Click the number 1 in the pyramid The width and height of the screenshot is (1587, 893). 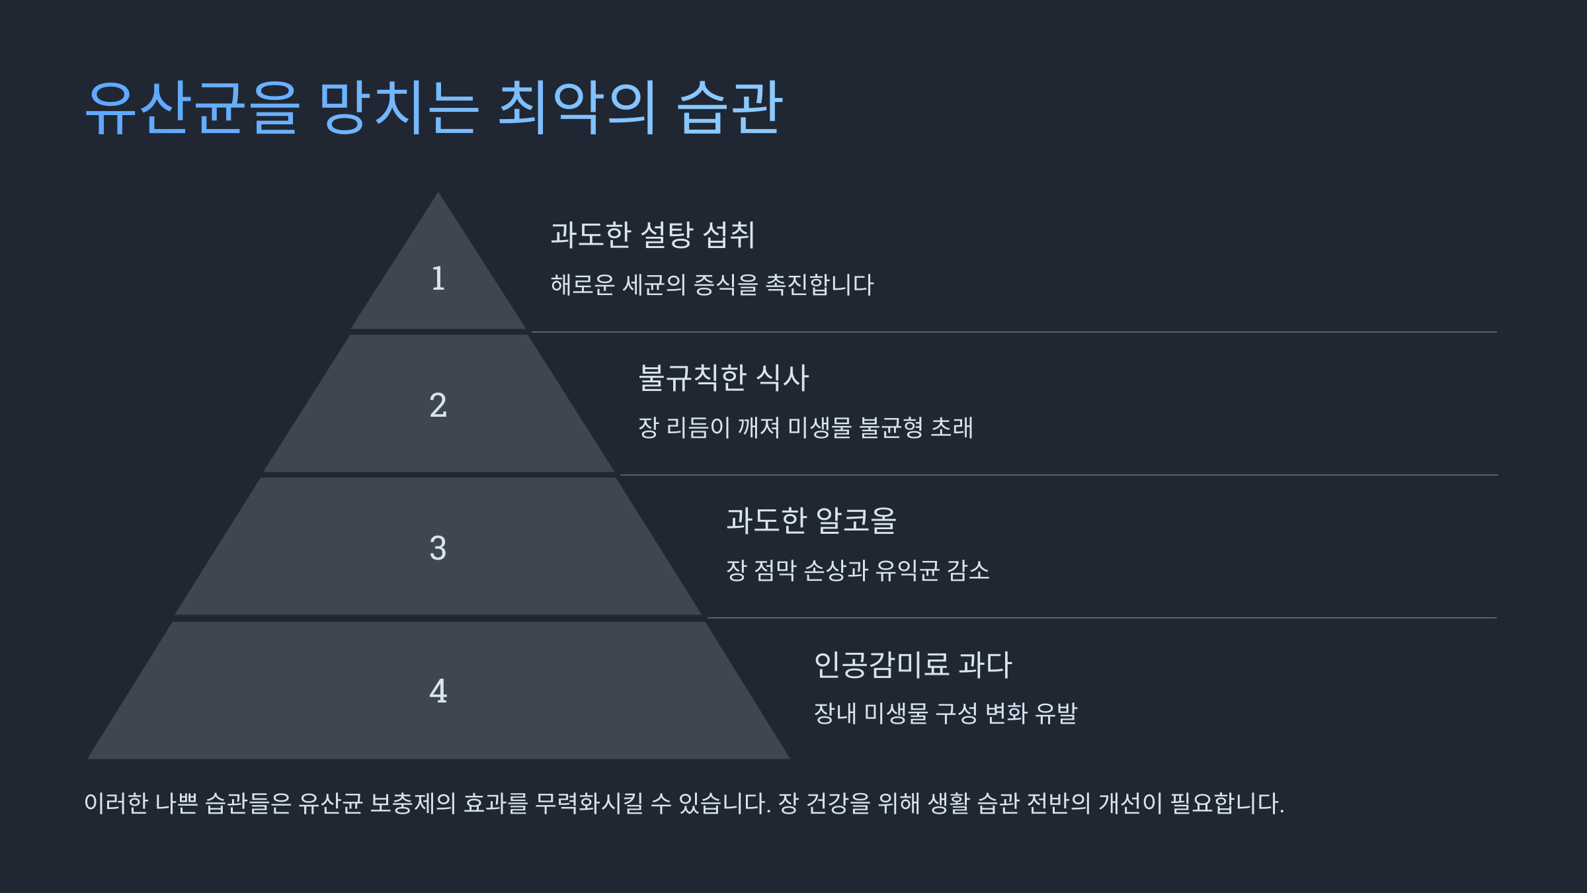click(x=438, y=278)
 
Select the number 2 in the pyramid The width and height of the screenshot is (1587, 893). click(x=438, y=405)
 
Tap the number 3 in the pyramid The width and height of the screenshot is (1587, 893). click(x=438, y=548)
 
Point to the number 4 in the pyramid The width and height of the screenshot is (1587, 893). click(x=438, y=691)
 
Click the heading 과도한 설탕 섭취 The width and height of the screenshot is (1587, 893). click(x=653, y=235)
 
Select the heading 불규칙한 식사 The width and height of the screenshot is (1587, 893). click(x=723, y=378)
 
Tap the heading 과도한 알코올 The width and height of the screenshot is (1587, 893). click(x=811, y=521)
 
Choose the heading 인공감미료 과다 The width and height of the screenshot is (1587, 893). click(x=913, y=665)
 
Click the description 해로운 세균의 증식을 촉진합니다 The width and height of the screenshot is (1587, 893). click(x=712, y=285)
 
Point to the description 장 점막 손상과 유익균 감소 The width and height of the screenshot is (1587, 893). click(x=858, y=571)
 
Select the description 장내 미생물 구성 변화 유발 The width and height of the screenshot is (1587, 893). click(x=946, y=714)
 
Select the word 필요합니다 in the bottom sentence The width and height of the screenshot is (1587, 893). click(x=1226, y=804)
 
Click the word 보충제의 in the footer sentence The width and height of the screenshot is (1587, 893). click(x=413, y=804)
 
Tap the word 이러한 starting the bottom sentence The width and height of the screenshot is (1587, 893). click(x=116, y=804)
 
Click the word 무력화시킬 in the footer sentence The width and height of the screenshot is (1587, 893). click(x=589, y=804)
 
